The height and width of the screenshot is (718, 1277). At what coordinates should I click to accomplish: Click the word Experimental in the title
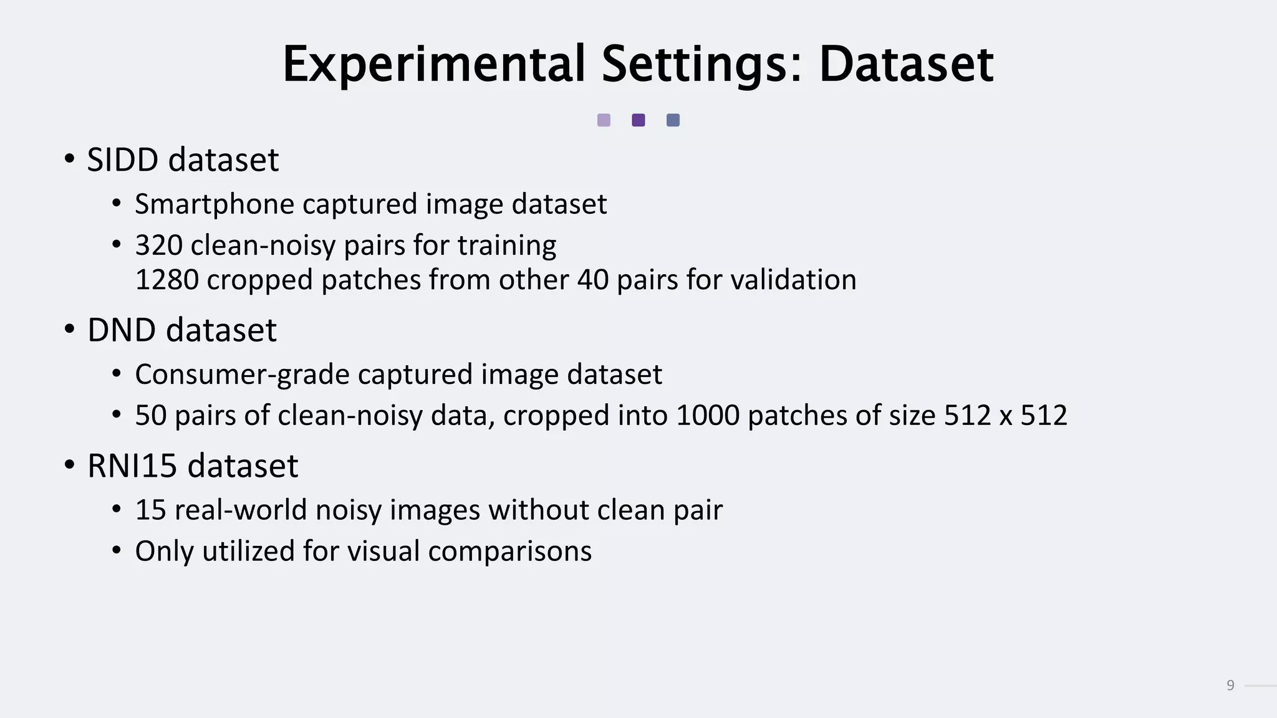pyautogui.click(x=434, y=64)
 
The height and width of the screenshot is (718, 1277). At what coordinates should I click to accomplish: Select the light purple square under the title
pyautogui.click(x=604, y=120)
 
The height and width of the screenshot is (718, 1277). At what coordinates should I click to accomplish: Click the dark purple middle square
pyautogui.click(x=638, y=120)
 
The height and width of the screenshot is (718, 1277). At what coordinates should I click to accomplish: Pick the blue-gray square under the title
pyautogui.click(x=673, y=120)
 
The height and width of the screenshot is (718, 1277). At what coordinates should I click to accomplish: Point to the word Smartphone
pyautogui.click(x=214, y=204)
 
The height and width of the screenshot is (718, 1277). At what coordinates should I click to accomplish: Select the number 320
pyautogui.click(x=158, y=246)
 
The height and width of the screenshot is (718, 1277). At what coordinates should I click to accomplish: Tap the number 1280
pyautogui.click(x=166, y=280)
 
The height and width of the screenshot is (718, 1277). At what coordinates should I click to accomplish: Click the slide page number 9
pyautogui.click(x=1230, y=686)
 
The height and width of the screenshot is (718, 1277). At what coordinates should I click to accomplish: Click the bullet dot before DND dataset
pyautogui.click(x=70, y=328)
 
